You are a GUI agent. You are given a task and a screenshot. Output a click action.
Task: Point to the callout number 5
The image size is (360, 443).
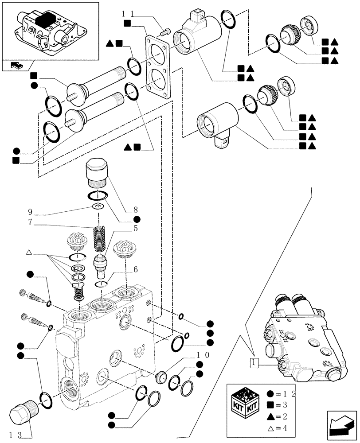coord(135,229)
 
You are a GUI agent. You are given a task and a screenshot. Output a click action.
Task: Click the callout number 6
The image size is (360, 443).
coord(135,269)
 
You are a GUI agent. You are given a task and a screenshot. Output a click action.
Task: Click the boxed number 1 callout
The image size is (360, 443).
coord(254,362)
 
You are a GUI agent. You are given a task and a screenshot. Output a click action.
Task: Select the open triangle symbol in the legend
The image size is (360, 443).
coord(270,428)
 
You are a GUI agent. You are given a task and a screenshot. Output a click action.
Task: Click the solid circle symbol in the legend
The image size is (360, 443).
coord(270,393)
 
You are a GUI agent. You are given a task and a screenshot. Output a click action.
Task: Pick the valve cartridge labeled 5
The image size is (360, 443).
coord(102,265)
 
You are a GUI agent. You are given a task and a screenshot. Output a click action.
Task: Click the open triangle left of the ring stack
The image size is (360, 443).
coord(29,252)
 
